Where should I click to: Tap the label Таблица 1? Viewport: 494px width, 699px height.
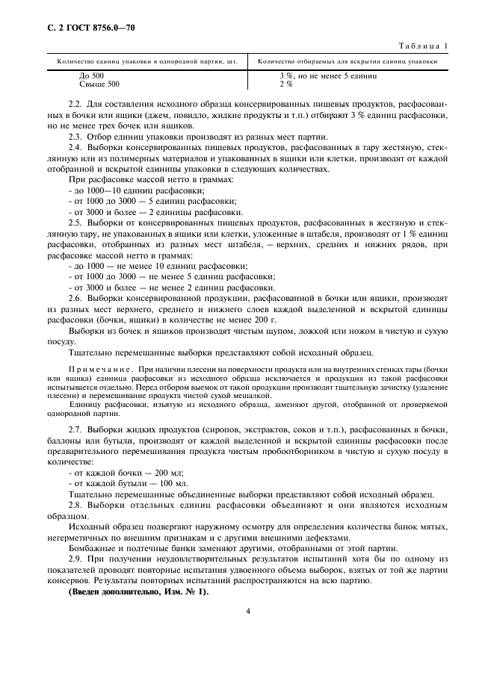click(423, 46)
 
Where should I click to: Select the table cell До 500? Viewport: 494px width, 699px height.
click(91, 76)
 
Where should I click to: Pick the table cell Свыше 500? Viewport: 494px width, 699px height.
click(99, 84)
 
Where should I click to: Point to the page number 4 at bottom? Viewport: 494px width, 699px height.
click(247, 612)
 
